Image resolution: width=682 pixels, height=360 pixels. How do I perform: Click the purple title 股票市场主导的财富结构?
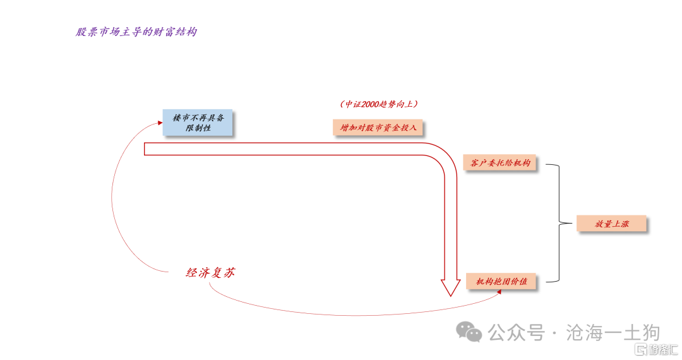(136, 32)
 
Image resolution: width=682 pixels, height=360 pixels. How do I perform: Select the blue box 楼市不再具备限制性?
(198, 123)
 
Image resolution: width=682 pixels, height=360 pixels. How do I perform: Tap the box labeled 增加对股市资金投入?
(378, 128)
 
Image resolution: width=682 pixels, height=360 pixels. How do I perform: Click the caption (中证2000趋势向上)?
(378, 104)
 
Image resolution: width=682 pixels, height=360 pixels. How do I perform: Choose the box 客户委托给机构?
(500, 163)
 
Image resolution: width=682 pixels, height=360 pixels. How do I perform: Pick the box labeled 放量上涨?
(611, 224)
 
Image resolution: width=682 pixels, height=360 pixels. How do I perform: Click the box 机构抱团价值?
(501, 281)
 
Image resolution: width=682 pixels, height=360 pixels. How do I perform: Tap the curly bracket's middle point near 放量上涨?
(559, 223)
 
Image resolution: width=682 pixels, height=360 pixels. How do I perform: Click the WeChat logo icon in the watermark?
(470, 332)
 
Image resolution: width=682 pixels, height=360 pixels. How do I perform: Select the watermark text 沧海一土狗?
(614, 332)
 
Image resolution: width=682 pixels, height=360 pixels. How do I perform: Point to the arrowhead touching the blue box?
(159, 124)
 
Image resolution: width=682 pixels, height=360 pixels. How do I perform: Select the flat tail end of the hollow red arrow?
(146, 149)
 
